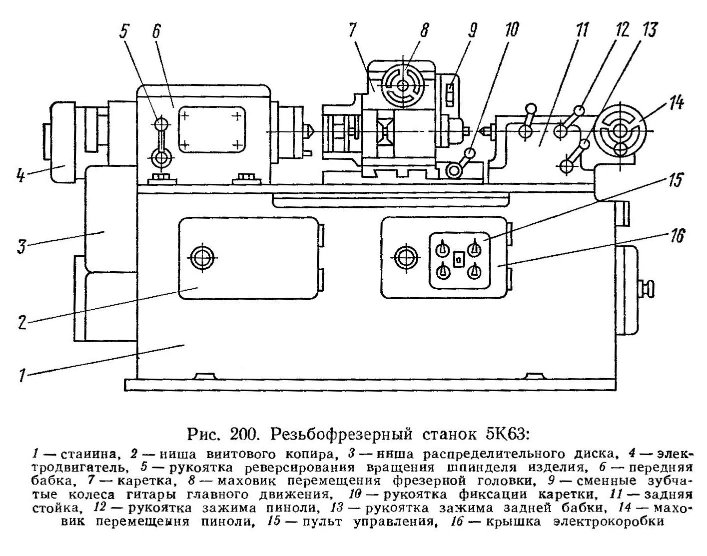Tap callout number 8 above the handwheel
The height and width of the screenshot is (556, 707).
424,31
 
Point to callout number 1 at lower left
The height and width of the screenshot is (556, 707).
21,375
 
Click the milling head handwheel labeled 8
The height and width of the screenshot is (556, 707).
403,85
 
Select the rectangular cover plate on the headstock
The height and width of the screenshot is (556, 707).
210,128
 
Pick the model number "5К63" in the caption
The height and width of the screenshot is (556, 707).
507,434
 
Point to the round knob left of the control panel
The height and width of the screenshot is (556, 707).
404,257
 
